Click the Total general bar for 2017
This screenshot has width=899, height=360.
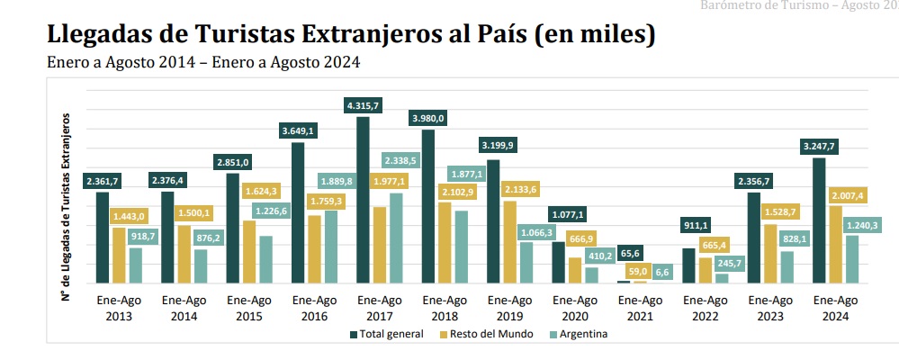click(x=363, y=200)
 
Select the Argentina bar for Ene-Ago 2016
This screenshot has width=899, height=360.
click(x=331, y=247)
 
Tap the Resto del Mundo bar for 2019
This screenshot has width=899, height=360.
click(x=509, y=242)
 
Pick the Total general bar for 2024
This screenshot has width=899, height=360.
click(x=819, y=220)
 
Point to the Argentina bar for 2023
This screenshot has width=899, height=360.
click(x=787, y=267)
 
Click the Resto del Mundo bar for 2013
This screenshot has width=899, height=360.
click(x=119, y=256)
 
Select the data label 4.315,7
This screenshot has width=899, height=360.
click(x=363, y=106)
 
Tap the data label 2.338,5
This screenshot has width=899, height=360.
click(x=400, y=160)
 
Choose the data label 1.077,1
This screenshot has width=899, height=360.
click(x=568, y=215)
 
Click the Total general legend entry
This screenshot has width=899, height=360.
click(x=387, y=334)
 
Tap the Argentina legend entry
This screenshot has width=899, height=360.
click(x=578, y=334)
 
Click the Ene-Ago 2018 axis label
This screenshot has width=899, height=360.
click(x=445, y=309)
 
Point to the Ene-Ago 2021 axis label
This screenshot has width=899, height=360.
click(x=641, y=309)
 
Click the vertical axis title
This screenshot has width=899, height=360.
click(x=67, y=207)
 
